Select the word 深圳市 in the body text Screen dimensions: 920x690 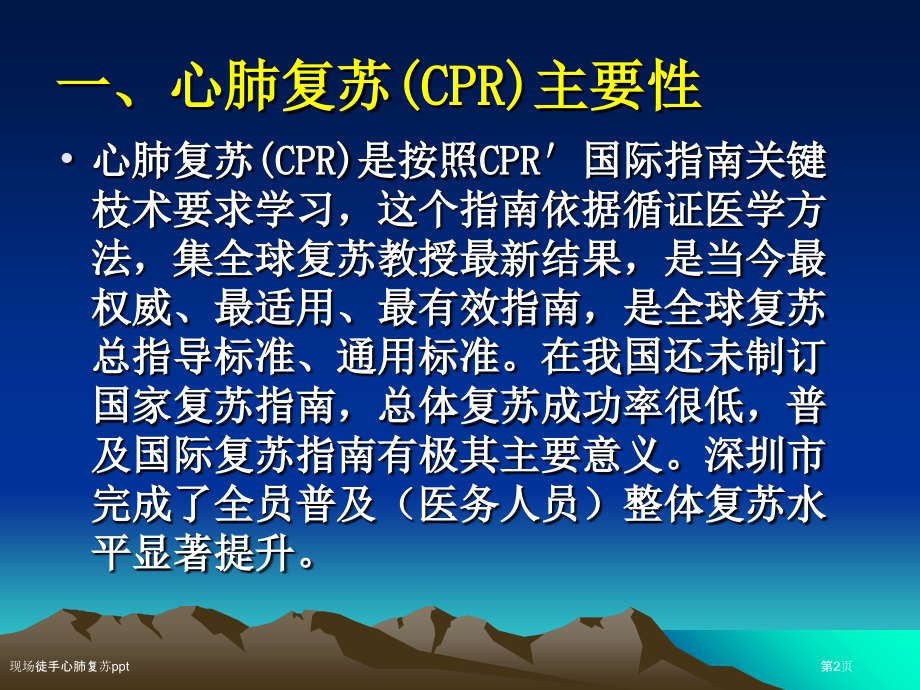[765, 455]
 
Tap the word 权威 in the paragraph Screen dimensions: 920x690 [132, 307]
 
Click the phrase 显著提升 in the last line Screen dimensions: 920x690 [214, 554]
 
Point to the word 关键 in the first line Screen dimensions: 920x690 [786, 160]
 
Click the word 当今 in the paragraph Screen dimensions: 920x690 [745, 259]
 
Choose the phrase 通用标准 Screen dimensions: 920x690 [418, 357]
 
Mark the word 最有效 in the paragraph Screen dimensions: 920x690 [439, 307]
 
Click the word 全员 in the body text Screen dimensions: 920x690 [255, 505]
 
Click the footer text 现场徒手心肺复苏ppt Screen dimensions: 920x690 [69, 666]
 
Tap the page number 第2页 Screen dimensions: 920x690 [836, 666]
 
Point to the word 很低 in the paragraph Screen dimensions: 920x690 [725, 406]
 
